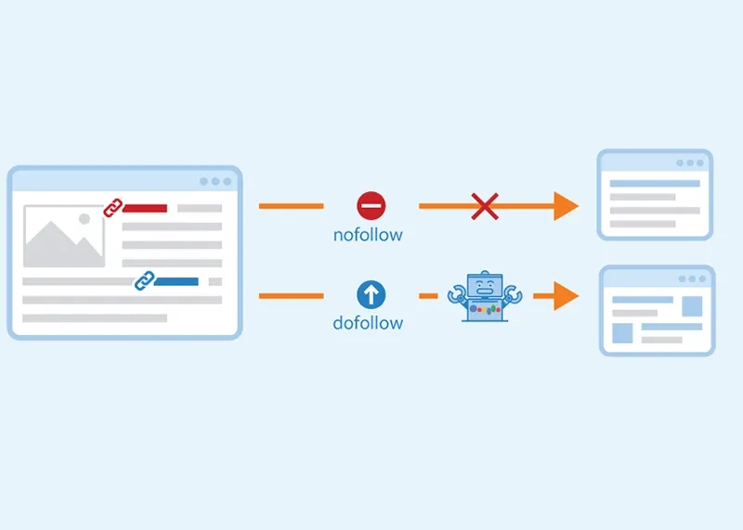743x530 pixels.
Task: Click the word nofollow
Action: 368,235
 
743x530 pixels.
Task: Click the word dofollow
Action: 368,323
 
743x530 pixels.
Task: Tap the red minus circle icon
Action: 371,205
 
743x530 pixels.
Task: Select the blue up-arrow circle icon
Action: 371,295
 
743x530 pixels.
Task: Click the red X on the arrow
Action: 484,205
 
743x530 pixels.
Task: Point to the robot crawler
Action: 484,295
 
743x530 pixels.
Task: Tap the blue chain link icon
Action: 144,280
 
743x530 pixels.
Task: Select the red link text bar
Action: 145,209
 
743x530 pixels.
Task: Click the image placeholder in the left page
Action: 64,237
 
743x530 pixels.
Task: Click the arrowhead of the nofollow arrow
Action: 566,205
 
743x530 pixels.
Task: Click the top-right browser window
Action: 655,195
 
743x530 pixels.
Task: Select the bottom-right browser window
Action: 657,310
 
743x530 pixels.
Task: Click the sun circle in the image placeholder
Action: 85,219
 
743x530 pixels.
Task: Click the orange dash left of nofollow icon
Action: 291,205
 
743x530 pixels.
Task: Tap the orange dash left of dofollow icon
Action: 291,296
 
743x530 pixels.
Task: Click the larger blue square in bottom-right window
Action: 692,305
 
